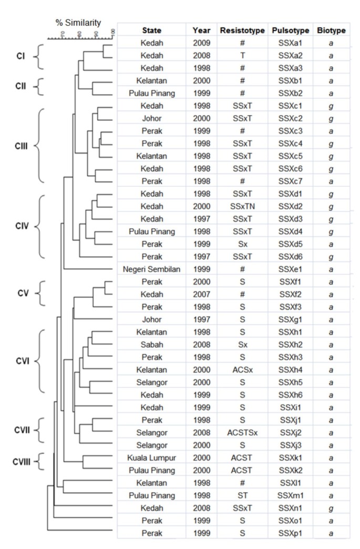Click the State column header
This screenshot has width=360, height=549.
[x=151, y=31]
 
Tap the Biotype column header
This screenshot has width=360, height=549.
[x=331, y=31]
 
